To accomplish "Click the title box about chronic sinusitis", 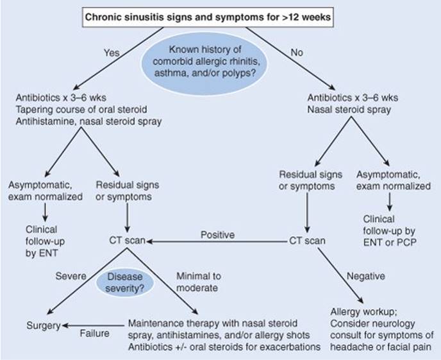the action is pyautogui.click(x=208, y=17).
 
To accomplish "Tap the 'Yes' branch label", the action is pyautogui.click(x=112, y=53).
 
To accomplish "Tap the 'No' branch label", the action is pyautogui.click(x=297, y=53).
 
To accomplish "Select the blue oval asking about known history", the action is pyautogui.click(x=204, y=62).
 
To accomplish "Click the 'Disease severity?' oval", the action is pyautogui.click(x=125, y=282).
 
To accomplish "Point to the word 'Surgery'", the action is pyautogui.click(x=44, y=325).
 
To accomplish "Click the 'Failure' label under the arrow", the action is pyautogui.click(x=94, y=334).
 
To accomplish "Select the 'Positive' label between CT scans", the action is pyautogui.click(x=217, y=235).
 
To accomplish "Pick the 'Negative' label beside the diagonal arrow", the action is pyautogui.click(x=365, y=276).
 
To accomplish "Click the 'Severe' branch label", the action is pyautogui.click(x=71, y=276).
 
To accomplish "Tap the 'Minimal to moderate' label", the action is pyautogui.click(x=199, y=282).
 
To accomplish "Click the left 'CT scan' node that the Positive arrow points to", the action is pyautogui.click(x=127, y=241).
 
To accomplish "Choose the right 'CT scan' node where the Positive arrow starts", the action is pyautogui.click(x=307, y=241).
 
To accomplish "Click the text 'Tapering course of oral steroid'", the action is pyautogui.click(x=81, y=110).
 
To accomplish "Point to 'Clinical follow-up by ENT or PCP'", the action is pyautogui.click(x=390, y=231).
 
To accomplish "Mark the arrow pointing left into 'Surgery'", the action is pyautogui.click(x=93, y=325).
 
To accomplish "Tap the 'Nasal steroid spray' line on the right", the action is pyautogui.click(x=349, y=110).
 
